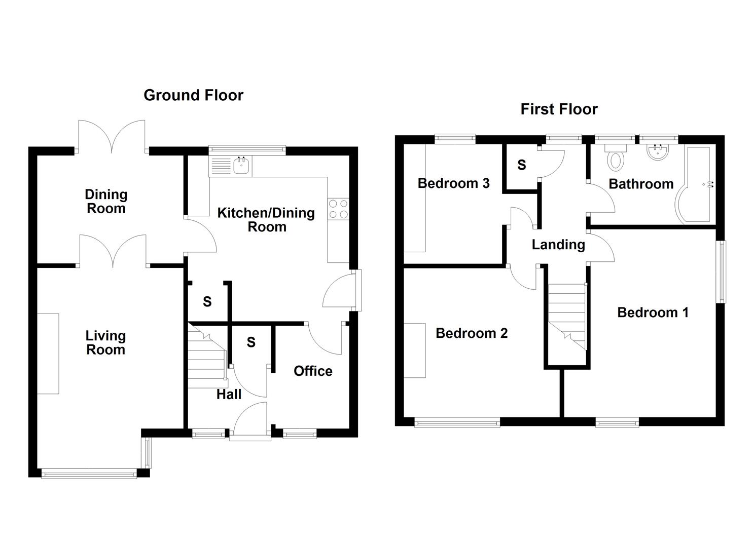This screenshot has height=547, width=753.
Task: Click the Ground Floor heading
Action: click(x=193, y=95)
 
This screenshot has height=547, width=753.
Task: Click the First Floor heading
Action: click(x=559, y=109)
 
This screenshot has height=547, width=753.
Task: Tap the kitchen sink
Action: click(x=242, y=166)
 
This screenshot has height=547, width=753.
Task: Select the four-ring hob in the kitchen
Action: click(x=338, y=209)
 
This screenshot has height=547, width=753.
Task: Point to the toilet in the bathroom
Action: click(x=616, y=158)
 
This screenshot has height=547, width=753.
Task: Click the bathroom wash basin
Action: click(x=659, y=152)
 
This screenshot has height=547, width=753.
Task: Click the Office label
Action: click(x=313, y=371)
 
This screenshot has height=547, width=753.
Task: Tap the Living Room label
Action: click(x=105, y=343)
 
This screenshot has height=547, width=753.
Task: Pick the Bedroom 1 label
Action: click(x=653, y=312)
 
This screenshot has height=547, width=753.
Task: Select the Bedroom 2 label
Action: click(x=472, y=333)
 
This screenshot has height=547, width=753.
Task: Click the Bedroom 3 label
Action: click(x=453, y=183)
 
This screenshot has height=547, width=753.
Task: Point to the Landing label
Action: click(x=558, y=245)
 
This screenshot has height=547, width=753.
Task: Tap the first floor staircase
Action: click(x=567, y=317)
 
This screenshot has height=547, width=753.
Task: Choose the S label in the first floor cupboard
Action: click(x=521, y=165)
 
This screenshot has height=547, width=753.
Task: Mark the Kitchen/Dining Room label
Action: click(x=266, y=220)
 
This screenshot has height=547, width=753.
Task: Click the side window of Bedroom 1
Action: click(x=721, y=271)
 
